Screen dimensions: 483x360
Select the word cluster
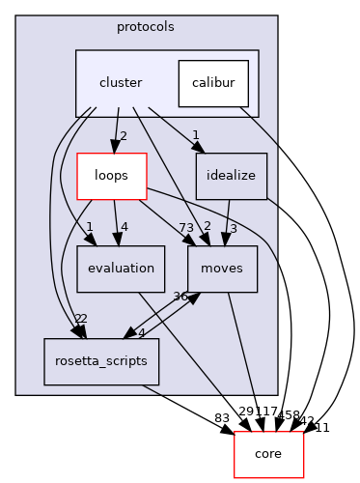click(x=121, y=83)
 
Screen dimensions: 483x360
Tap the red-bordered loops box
click(x=112, y=176)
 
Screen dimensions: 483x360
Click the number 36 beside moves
click(x=180, y=297)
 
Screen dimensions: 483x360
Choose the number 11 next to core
click(x=321, y=427)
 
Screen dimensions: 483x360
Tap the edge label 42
click(x=308, y=419)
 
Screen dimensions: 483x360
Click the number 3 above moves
click(x=234, y=227)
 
